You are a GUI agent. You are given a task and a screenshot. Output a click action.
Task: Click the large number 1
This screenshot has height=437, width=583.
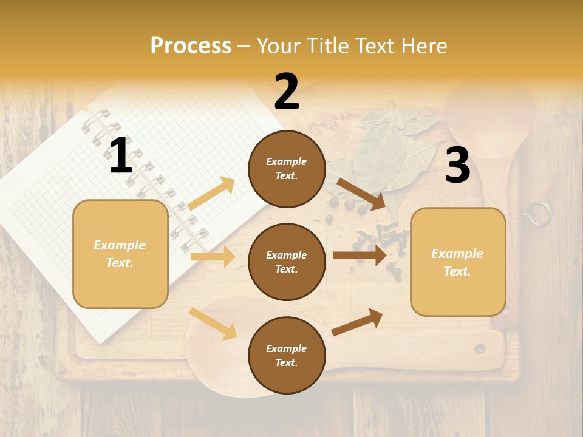pos(121,156)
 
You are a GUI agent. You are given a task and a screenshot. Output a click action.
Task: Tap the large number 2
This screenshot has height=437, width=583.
pos(287,92)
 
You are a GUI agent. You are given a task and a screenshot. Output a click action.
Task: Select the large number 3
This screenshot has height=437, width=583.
pos(457,165)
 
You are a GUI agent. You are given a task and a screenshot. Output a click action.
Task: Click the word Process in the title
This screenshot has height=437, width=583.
pos(191,46)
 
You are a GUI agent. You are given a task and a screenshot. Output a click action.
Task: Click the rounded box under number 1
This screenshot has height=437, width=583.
pos(120,254)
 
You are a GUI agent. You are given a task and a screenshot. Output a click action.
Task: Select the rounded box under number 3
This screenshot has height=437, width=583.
pos(458,262)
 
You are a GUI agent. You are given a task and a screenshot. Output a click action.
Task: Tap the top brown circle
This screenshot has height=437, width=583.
pos(287,169)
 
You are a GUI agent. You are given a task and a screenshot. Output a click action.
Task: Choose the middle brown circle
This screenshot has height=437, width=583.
pos(287,262)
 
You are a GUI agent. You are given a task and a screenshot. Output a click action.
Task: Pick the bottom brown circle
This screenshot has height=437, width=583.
pos(287,355)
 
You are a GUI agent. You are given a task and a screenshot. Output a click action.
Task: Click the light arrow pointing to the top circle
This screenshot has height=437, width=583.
pos(212,194)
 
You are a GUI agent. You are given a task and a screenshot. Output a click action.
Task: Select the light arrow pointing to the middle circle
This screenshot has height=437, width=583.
pos(213,257)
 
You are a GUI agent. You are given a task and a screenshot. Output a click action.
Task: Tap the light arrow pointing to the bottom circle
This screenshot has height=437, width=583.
pos(213,324)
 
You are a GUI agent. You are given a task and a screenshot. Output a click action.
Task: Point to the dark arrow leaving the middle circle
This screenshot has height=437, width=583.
pos(360,255)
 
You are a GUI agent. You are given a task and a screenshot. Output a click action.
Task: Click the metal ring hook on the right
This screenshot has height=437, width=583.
pos(538,214)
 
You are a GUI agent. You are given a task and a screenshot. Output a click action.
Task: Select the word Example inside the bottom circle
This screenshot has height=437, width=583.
pos(287,348)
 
